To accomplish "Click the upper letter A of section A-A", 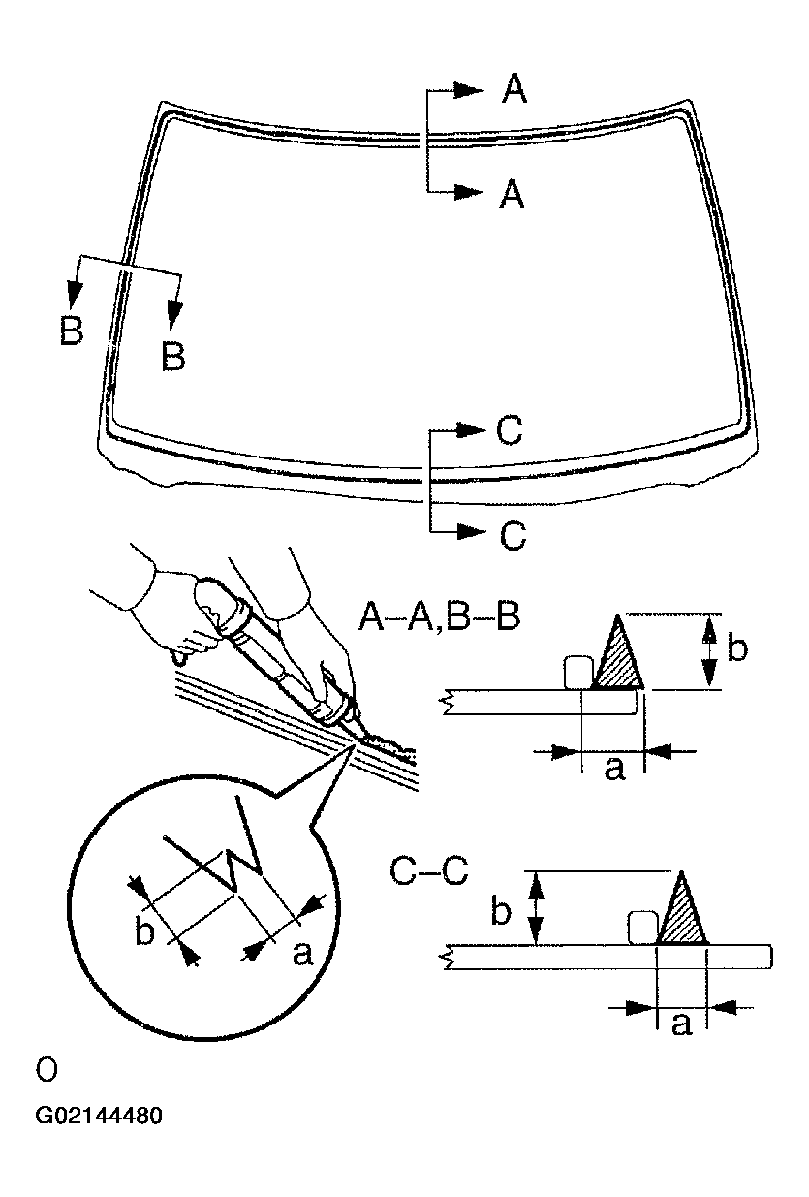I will (x=513, y=90).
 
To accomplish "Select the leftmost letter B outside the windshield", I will (x=71, y=331).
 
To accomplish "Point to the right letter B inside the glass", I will (x=173, y=356).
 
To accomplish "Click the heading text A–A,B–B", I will (x=438, y=615).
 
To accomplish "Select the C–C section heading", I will (x=428, y=870).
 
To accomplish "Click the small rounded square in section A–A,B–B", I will (x=577, y=671).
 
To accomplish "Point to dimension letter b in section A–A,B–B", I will (x=737, y=648).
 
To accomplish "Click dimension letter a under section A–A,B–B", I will (x=612, y=770).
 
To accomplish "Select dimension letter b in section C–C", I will (x=501, y=912).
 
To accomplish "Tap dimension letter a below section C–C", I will (x=681, y=1024).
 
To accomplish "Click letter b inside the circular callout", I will (x=144, y=931).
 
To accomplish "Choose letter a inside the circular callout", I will (x=301, y=955).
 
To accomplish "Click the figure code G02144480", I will (x=99, y=1116).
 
